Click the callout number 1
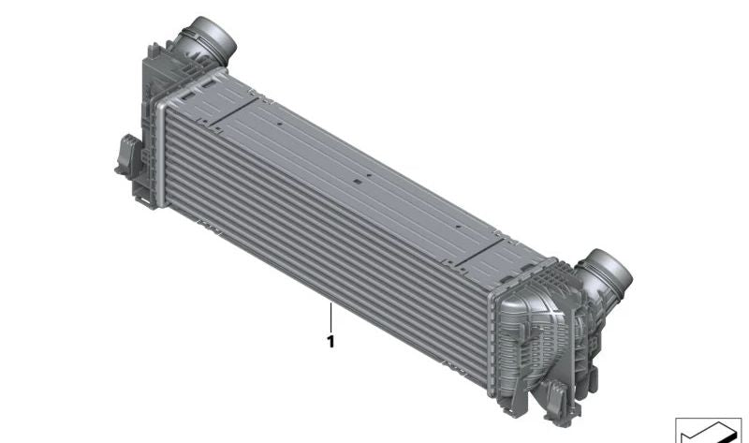coord(330,342)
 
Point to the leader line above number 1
coord(330,317)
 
